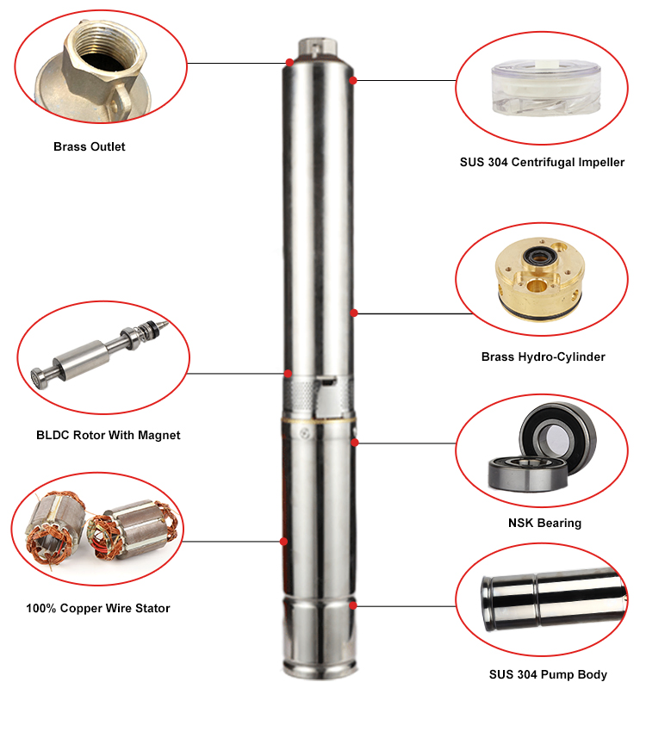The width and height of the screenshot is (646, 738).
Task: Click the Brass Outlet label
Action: coord(89,147)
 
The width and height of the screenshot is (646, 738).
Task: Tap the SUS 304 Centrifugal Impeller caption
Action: coord(542,163)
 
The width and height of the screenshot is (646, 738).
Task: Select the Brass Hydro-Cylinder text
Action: coord(543,357)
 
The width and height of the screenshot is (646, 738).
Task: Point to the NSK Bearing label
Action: coord(544,523)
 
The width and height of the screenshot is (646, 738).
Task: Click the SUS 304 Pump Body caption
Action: coord(548,674)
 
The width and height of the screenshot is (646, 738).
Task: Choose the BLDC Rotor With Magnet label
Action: coord(108,435)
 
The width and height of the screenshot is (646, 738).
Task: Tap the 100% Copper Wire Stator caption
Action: coord(98,608)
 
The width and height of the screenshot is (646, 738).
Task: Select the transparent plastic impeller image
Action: coord(546,88)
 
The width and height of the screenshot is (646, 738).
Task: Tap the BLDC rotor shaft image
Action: coord(100,354)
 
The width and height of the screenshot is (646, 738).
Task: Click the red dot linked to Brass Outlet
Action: coord(289,63)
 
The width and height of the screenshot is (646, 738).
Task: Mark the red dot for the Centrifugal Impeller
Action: coord(352,80)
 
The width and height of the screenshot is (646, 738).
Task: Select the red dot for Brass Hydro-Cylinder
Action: coord(354,313)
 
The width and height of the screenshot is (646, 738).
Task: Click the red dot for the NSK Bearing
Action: coord(355,443)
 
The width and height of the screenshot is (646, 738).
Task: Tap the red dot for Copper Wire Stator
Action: coord(283,542)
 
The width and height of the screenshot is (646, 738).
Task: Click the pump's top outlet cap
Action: coord(318,47)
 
